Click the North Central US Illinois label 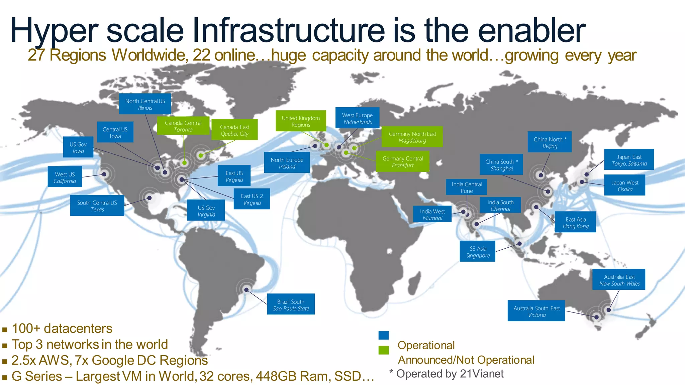pyautogui.click(x=145, y=104)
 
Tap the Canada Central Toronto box pyautogui.click(x=183, y=126)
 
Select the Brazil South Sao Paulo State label pyautogui.click(x=291, y=304)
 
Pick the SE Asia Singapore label pyautogui.click(x=477, y=252)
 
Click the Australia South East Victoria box pyautogui.click(x=536, y=311)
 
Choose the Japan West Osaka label pyautogui.click(x=624, y=186)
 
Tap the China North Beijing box pyautogui.click(x=550, y=142)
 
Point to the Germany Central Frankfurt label pyautogui.click(x=402, y=162)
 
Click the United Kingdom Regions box pyautogui.click(x=301, y=121)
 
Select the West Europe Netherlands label pyautogui.click(x=357, y=118)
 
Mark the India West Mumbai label pyautogui.click(x=432, y=214)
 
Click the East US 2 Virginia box pyautogui.click(x=252, y=199)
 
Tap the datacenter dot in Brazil pyautogui.click(x=246, y=290)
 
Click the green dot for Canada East pyautogui.click(x=201, y=155)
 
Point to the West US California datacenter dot pyautogui.click(x=104, y=174)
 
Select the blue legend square pyautogui.click(x=384, y=335)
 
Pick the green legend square pyautogui.click(x=384, y=350)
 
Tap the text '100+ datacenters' pyautogui.click(x=62, y=329)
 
